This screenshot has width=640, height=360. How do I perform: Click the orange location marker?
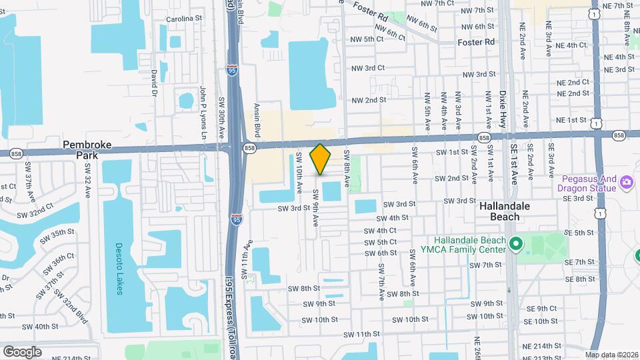[321, 159]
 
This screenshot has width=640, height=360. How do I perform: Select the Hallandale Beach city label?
[505, 211]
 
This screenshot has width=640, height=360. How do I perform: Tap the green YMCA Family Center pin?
[515, 245]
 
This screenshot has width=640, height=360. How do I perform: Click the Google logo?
[22, 351]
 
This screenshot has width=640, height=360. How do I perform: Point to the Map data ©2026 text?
[611, 355]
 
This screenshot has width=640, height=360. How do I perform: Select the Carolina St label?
[183, 19]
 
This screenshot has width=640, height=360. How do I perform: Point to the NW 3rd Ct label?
[368, 68]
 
